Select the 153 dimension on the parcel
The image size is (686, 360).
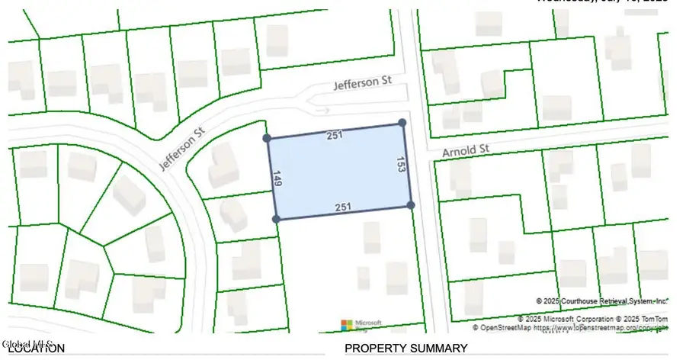click(399, 164)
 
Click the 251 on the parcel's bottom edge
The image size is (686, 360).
click(342, 207)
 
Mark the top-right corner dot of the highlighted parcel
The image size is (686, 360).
click(402, 122)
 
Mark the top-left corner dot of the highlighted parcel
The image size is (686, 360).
click(267, 138)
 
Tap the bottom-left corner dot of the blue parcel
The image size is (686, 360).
click(276, 219)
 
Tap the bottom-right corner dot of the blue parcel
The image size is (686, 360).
click(410, 205)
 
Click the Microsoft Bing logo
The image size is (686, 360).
click(361, 325)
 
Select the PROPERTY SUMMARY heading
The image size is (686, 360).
click(406, 349)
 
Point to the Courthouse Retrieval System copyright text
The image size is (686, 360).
click(602, 301)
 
